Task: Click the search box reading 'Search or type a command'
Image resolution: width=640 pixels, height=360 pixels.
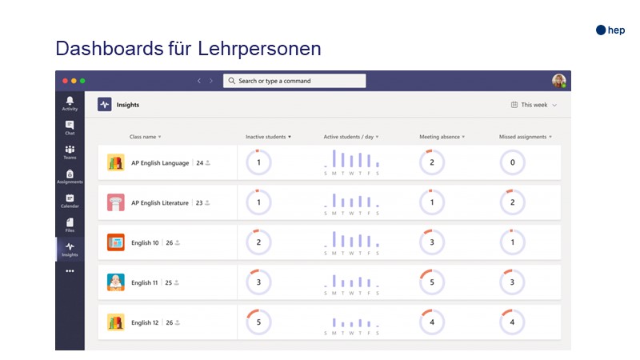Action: tap(294, 81)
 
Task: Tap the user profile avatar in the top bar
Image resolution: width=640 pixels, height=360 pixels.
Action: tap(558, 81)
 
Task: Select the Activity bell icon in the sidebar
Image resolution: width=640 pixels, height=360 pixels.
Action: tap(70, 102)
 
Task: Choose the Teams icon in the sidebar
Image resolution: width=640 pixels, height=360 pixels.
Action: tap(70, 150)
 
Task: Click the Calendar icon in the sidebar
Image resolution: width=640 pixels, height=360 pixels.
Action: tap(70, 199)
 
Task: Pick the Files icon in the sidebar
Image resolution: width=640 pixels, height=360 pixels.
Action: tap(70, 223)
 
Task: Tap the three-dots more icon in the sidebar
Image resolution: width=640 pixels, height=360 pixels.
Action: tap(70, 271)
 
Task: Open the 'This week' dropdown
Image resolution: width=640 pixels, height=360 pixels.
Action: tap(534, 105)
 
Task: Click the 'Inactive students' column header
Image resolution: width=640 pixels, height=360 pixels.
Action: tap(268, 137)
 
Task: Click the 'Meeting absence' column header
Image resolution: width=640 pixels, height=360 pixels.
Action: tap(442, 137)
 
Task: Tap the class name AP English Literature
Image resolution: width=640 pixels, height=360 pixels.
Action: tap(160, 203)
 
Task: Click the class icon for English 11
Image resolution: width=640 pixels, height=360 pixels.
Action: tap(116, 282)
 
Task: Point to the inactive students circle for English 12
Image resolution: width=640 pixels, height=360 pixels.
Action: tap(258, 322)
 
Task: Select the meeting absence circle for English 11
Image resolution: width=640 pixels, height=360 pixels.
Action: tap(432, 282)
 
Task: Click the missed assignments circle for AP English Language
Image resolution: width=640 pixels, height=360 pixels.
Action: tap(512, 163)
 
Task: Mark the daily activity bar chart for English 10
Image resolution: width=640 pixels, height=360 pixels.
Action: tap(351, 242)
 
